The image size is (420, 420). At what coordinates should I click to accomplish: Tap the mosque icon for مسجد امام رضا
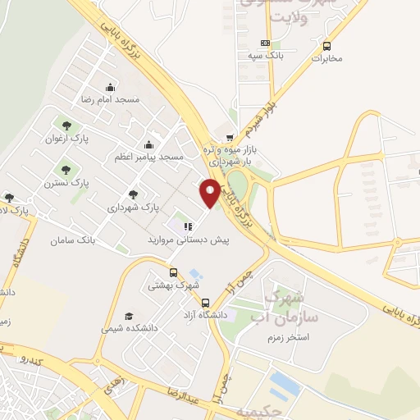click(x=110, y=88)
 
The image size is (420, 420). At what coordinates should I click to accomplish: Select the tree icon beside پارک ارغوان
click(x=66, y=126)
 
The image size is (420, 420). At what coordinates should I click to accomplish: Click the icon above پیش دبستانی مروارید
click(x=188, y=227)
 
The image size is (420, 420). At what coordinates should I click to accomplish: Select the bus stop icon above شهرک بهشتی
click(x=173, y=272)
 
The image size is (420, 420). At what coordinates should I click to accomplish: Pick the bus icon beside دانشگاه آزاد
click(x=205, y=302)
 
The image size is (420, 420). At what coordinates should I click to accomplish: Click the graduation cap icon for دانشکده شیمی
click(x=128, y=316)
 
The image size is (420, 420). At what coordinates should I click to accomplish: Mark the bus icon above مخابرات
click(x=327, y=46)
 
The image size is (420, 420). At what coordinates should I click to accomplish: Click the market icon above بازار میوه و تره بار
click(x=230, y=138)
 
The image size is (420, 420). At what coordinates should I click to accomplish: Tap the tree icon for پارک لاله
click(x=9, y=197)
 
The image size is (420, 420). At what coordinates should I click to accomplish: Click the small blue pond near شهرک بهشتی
click(x=194, y=274)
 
